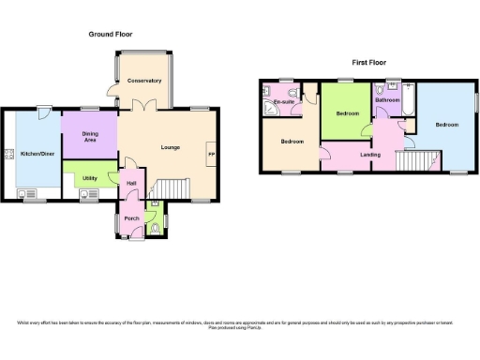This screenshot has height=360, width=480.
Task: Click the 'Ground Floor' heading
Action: click(114, 35)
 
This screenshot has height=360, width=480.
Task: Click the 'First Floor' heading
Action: click(370, 63)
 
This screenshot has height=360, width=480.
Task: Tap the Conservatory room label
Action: click(144, 81)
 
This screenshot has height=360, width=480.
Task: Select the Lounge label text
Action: click(170, 148)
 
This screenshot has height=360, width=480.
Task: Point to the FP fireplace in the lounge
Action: click(211, 155)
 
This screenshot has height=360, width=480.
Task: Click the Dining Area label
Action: click(89, 138)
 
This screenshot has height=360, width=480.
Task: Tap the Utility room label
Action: click(89, 177)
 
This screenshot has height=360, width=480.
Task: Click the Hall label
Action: click(131, 184)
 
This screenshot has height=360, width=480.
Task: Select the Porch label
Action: click(131, 218)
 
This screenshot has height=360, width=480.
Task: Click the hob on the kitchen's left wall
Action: click(9, 156)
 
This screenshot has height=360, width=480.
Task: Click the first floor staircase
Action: click(418, 160)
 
